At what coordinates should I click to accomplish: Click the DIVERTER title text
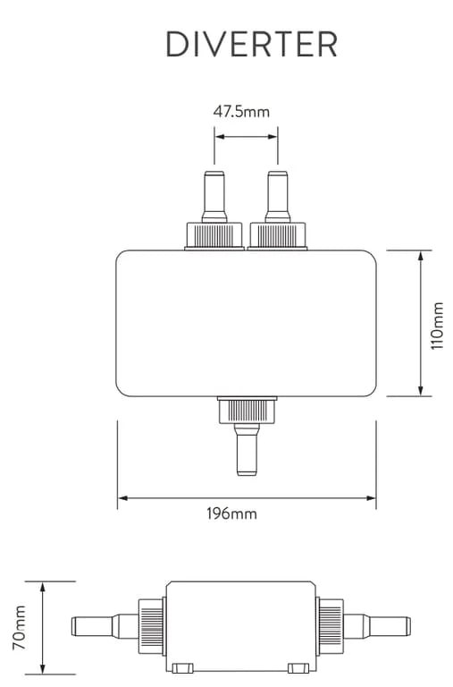coord(252,44)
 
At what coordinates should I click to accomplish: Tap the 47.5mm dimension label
coord(241,112)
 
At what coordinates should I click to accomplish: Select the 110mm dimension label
coord(437,326)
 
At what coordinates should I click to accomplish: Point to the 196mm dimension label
coord(231,513)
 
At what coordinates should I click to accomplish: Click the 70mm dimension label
coord(20,627)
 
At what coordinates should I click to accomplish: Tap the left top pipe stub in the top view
coord(214,197)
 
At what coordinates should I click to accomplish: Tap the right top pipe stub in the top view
coord(278,197)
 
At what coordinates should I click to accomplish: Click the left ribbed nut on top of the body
coord(214,236)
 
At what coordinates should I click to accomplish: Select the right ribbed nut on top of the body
coord(278,236)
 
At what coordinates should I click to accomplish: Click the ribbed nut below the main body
coord(247,410)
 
